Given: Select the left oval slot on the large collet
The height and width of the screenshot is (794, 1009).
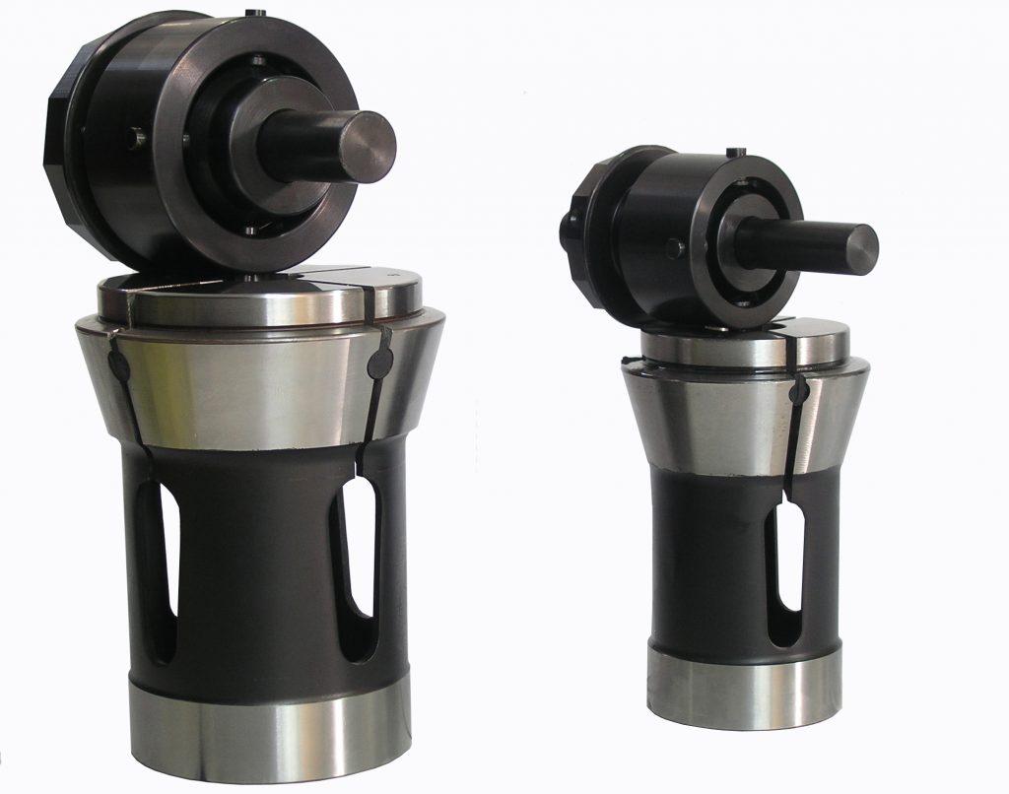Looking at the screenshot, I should pos(157,571).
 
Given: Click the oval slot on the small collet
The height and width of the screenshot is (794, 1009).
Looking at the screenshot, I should pos(789,562).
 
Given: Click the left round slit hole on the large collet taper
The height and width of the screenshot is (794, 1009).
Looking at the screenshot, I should pos(117,364).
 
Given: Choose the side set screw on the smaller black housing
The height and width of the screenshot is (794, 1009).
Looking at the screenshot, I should pos(672,248).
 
